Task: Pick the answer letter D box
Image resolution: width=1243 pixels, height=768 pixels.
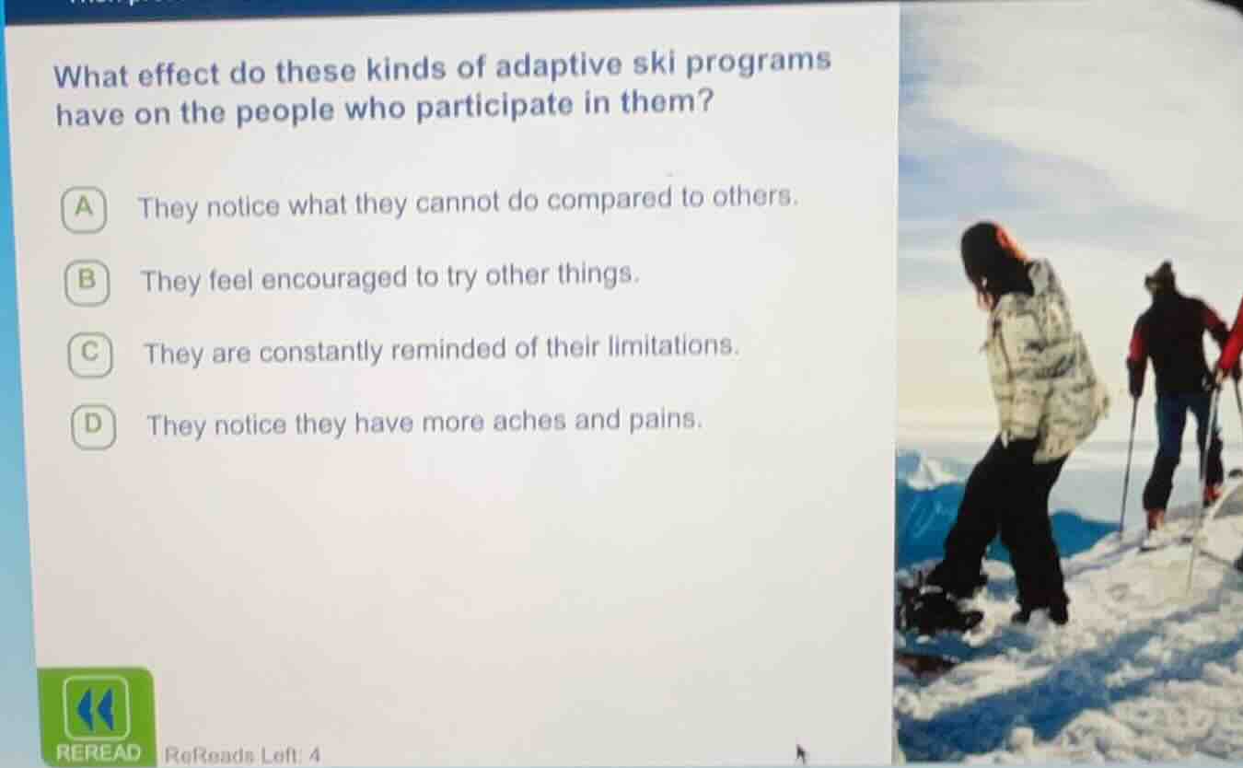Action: click(93, 425)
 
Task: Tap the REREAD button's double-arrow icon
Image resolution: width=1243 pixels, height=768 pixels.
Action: click(96, 707)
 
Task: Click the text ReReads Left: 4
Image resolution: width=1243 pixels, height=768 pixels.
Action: click(242, 755)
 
